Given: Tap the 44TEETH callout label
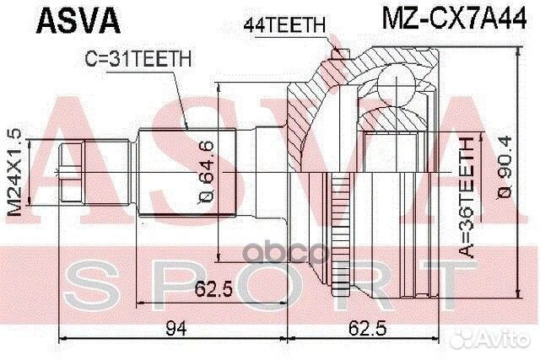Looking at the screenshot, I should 283,25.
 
